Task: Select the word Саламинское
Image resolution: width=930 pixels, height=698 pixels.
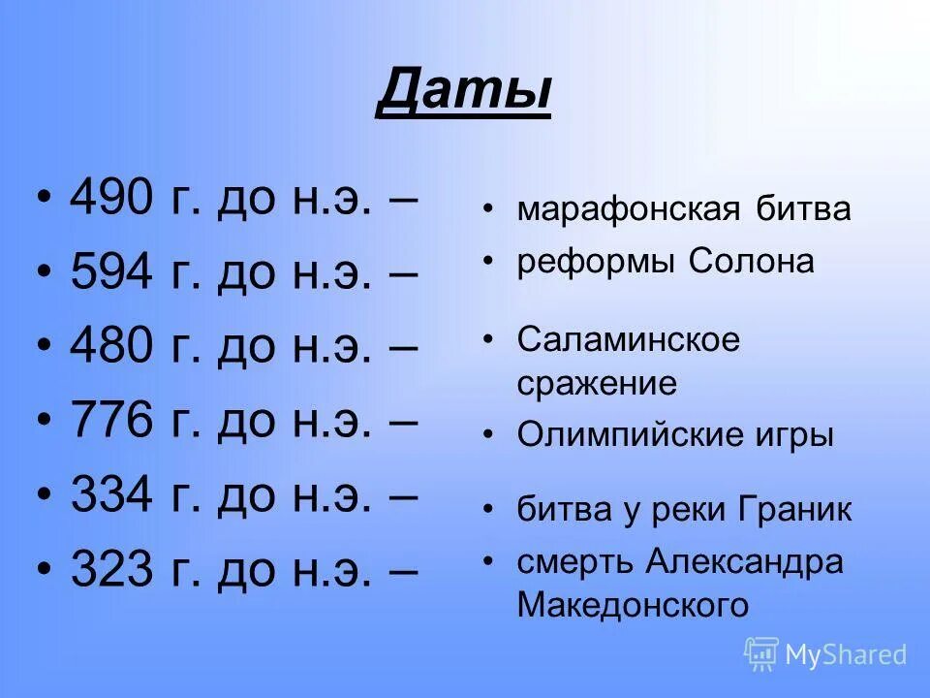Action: click(x=628, y=339)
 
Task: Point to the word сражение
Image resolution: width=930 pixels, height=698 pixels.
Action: click(x=597, y=384)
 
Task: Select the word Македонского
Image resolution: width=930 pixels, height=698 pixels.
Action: click(x=633, y=606)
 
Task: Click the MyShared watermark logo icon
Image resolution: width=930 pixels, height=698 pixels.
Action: click(x=761, y=653)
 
